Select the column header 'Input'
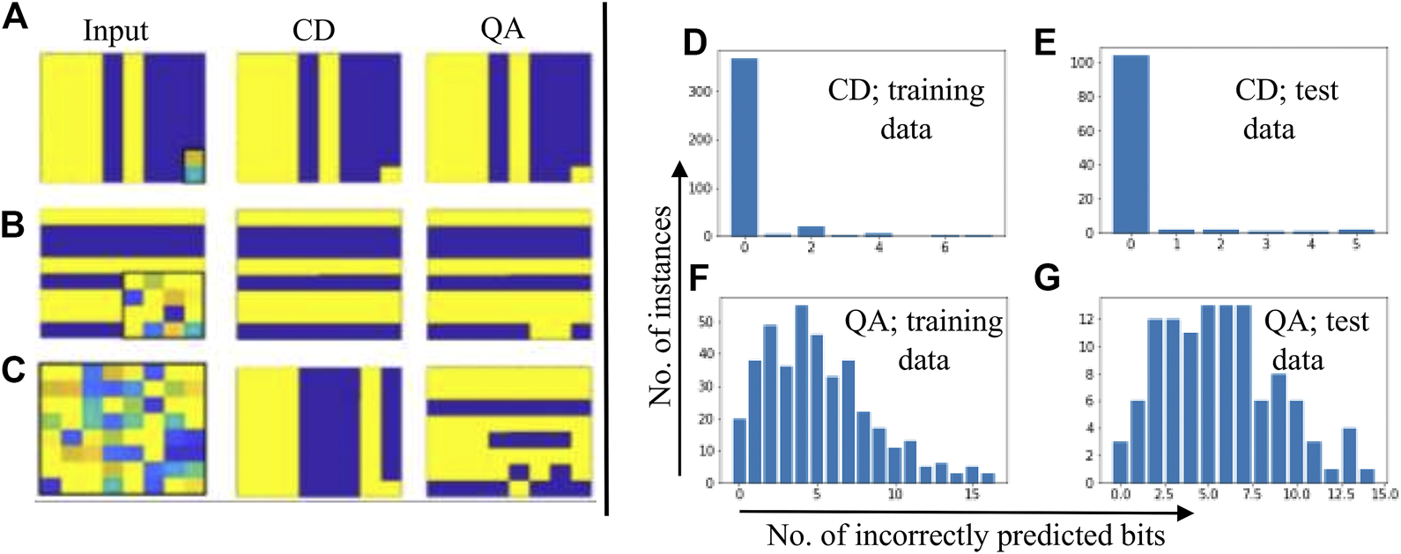point(115,31)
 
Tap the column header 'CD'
point(314,31)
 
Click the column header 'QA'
point(502,29)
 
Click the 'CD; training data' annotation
point(906,109)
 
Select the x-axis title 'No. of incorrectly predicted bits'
point(966,535)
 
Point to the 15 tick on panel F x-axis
point(972,495)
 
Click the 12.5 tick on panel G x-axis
point(1340,495)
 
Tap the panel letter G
point(1046,278)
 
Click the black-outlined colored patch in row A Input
point(194,166)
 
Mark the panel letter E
point(1046,42)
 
